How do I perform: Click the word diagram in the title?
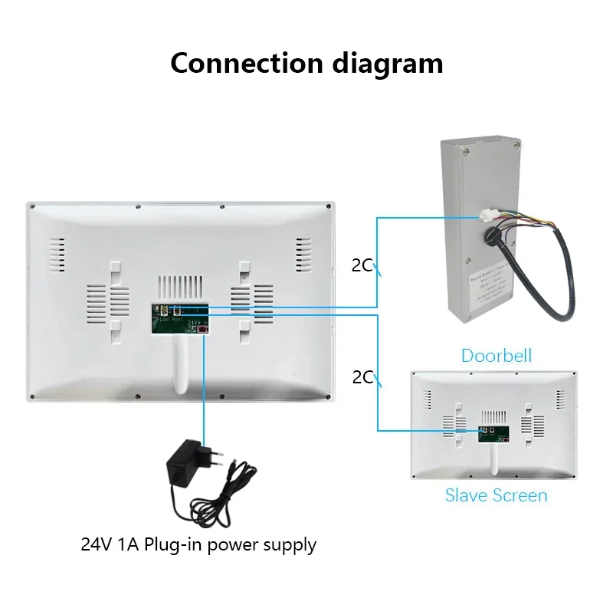[x=388, y=62]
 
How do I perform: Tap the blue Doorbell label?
[x=496, y=355]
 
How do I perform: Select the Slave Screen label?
[x=496, y=495]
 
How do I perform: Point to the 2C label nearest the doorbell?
[x=362, y=265]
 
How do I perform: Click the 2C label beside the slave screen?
[x=362, y=376]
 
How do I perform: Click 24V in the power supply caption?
[x=95, y=545]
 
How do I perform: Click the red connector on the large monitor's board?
[x=203, y=328]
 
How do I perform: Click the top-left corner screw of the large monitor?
[x=31, y=206]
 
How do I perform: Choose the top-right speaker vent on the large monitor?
[x=304, y=253]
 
